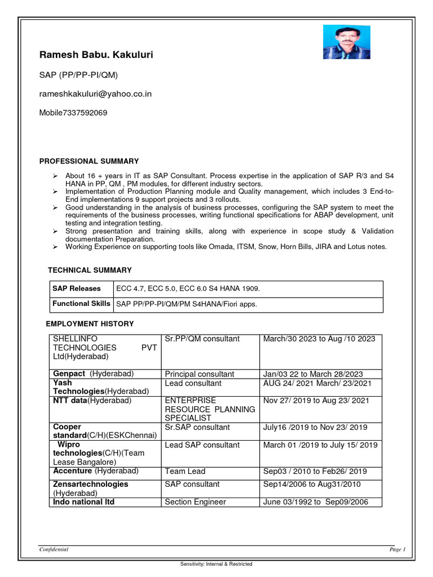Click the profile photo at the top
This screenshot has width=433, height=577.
pyautogui.click(x=338, y=42)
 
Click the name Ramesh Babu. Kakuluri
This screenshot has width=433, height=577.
pyautogui.click(x=96, y=55)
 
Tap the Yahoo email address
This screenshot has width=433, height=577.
pyautogui.click(x=95, y=94)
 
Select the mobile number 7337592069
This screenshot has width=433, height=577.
pyautogui.click(x=73, y=113)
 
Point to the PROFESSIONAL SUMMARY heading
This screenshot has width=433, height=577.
pyautogui.click(x=89, y=161)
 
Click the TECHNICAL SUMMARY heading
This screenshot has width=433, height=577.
pyautogui.click(x=90, y=270)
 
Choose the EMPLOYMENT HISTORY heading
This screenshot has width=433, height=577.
pyautogui.click(x=90, y=324)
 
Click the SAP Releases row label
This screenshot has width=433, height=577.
pyautogui.click(x=77, y=288)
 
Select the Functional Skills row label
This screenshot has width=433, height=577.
pyautogui.click(x=81, y=304)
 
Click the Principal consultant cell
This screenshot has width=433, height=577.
pyautogui.click(x=200, y=374)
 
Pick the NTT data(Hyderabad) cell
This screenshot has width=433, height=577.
pyautogui.click(x=92, y=401)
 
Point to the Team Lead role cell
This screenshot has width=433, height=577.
pyautogui.click(x=185, y=471)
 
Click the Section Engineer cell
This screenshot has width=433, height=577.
pyautogui.click(x=195, y=502)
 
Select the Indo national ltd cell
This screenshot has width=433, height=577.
pyautogui.click(x=83, y=502)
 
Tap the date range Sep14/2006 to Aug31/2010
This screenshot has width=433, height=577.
pyautogui.click(x=312, y=485)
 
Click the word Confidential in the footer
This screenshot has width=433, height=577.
pyautogui.click(x=54, y=549)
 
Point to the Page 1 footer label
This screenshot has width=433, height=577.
pyautogui.click(x=397, y=549)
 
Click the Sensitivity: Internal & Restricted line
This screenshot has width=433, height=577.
pyautogui.click(x=216, y=564)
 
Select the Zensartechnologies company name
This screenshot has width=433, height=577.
pyautogui.click(x=90, y=484)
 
